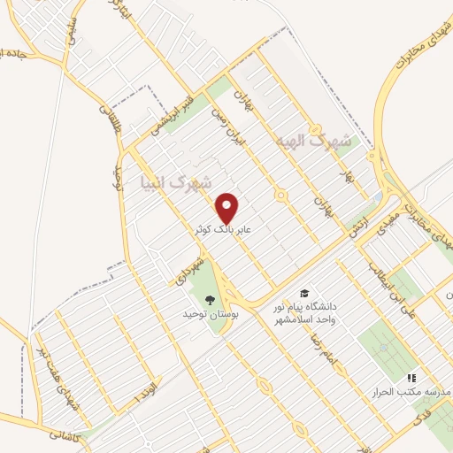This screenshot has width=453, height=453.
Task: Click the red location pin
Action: click(228, 207)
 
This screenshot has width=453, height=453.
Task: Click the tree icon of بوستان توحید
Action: click(209, 299)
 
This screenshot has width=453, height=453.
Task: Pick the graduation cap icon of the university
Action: click(304, 293)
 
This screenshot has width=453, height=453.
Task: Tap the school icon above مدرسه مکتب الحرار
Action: click(410, 378)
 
